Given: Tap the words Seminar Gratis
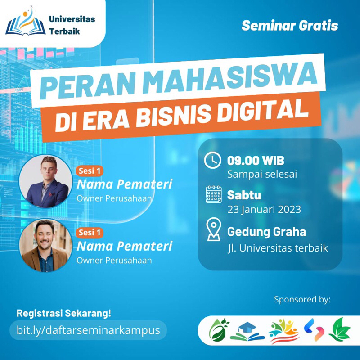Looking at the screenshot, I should (x=289, y=26).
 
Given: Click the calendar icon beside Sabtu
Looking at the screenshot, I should (x=213, y=194).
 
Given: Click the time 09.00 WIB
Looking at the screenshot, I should (x=255, y=161).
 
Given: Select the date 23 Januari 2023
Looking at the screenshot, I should (x=264, y=209).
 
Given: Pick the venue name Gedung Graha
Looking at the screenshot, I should (x=266, y=232).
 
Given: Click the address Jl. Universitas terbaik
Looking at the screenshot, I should (x=277, y=247).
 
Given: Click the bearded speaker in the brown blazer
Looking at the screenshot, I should (x=46, y=245).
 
